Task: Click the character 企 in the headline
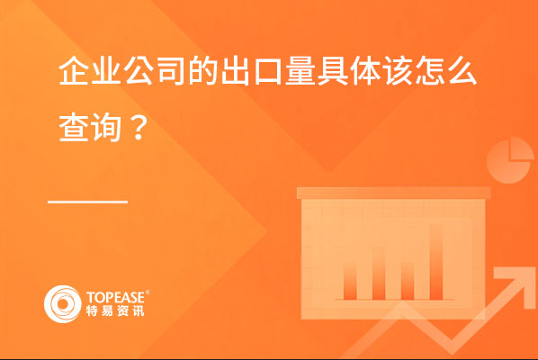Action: [74, 71]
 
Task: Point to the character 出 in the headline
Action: [236, 71]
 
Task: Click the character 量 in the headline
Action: [300, 71]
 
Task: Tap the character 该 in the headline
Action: [398, 71]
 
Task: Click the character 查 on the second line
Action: [74, 127]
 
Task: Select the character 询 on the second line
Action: [106, 127]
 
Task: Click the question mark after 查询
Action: [139, 128]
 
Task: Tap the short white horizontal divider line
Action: [87, 202]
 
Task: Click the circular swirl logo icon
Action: [62, 304]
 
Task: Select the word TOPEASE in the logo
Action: [116, 298]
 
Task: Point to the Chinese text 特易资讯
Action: [115, 310]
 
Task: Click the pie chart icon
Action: [510, 160]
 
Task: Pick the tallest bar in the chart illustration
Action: [436, 262]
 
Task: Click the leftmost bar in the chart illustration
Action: [350, 281]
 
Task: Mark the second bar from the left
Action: [379, 274]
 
